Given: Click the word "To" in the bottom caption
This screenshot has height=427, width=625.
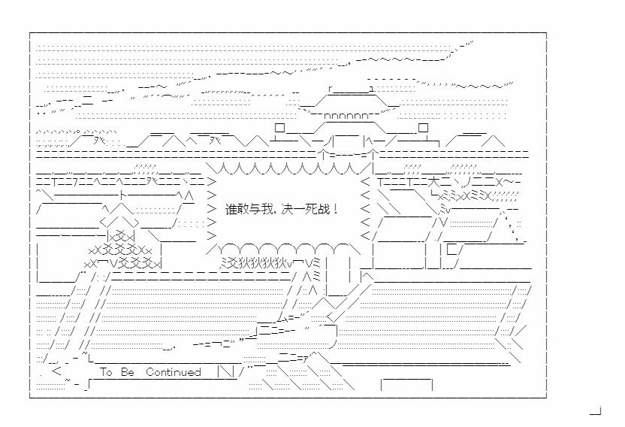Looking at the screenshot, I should [x=106, y=372].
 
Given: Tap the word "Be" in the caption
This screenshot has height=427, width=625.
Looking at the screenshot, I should [x=126, y=372].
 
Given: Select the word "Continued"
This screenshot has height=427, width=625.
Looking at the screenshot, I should [x=174, y=372].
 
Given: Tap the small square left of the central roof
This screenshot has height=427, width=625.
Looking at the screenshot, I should [x=279, y=129].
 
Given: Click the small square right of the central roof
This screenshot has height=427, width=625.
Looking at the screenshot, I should [x=423, y=129].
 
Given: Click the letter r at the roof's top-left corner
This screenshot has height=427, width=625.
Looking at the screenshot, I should [x=331, y=89].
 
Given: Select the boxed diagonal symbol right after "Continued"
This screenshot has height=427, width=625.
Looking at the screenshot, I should [x=224, y=372].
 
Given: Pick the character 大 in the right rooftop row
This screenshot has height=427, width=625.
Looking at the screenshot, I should [x=434, y=181].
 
